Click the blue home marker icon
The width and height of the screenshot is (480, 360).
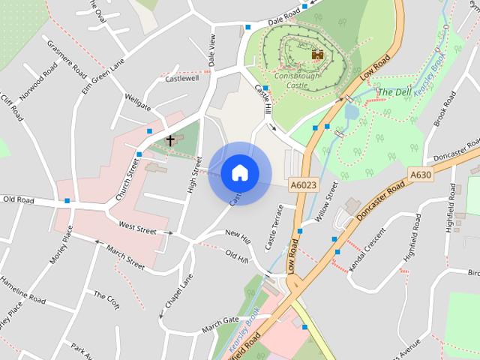coord(239,172)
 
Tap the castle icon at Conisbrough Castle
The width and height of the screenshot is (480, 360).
coord(318,55)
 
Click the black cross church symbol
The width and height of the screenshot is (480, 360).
coord(170,140)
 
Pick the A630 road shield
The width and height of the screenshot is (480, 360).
coord(420,175)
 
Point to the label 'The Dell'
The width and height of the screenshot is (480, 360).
coord(394,92)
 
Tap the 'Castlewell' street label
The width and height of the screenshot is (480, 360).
coord(182,78)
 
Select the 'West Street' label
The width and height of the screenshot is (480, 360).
coord(137,227)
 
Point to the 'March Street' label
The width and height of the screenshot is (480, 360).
coord(125,256)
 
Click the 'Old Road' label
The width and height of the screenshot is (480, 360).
coord(19,199)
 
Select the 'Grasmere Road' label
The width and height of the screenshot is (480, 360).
coord(67,57)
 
